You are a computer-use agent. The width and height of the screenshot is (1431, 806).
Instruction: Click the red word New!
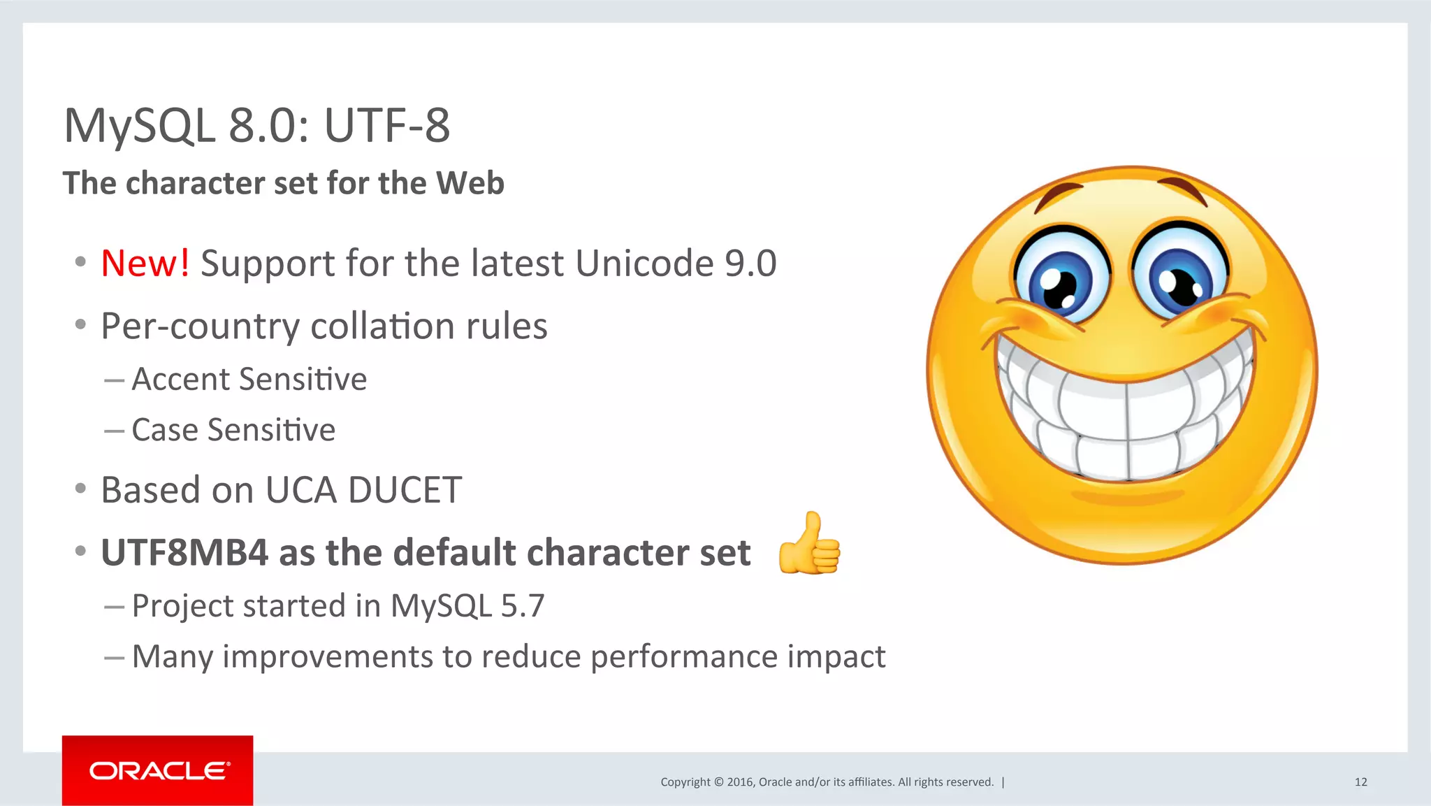[x=145, y=264]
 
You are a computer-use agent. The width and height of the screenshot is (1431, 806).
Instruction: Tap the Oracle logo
[x=158, y=770]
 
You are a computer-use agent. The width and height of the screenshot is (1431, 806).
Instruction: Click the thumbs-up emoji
[x=809, y=544]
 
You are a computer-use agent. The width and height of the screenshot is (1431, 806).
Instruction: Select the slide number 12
[x=1360, y=782]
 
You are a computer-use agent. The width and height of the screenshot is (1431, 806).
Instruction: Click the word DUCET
[x=405, y=490]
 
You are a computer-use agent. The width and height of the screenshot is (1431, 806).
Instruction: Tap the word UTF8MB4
[x=184, y=553]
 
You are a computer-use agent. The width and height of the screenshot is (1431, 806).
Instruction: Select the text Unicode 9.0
[x=676, y=264]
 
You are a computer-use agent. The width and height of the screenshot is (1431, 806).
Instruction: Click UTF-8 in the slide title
[x=386, y=126]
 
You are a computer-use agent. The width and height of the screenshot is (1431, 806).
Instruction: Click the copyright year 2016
[x=740, y=782]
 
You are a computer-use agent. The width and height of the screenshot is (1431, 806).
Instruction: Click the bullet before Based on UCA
[x=80, y=489]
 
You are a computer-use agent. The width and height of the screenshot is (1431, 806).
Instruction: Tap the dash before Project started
[x=114, y=607]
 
